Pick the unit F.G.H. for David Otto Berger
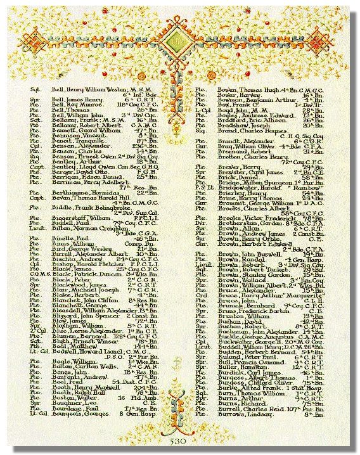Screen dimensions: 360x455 (x=143, y=153)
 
